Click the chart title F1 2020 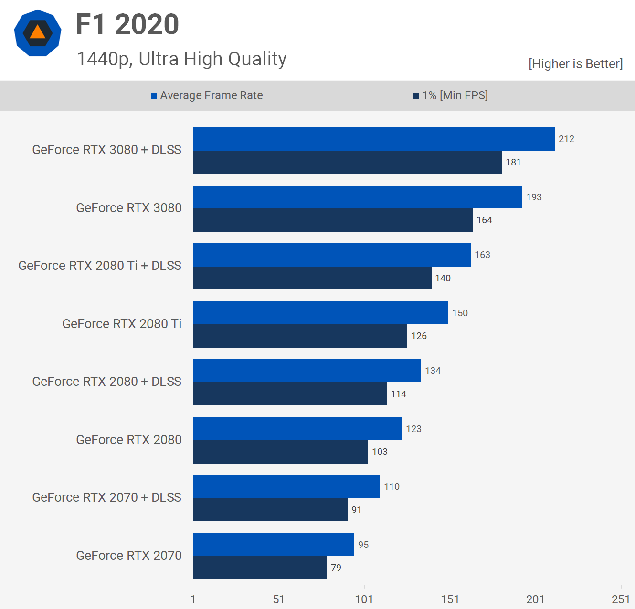pos(127,24)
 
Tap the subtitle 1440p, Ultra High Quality pos(181,59)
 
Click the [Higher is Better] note pos(575,64)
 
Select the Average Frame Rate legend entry pos(207,95)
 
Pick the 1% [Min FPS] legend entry pos(450,95)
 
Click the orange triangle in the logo pos(37,32)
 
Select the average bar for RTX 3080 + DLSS pos(374,139)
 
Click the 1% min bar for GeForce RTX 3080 pos(333,220)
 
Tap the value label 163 pos(482,255)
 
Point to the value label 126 pos(419,336)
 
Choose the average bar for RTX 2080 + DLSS pos(307,371)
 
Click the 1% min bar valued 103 pos(281,452)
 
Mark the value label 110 pos(392,487)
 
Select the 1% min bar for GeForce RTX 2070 pos(260,568)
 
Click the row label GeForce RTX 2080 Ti pos(122,324)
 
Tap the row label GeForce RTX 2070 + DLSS pos(106,497)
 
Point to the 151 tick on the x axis pos(450,599)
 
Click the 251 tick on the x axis pos(621,599)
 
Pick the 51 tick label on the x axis pos(279,599)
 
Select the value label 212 pos(566,139)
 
